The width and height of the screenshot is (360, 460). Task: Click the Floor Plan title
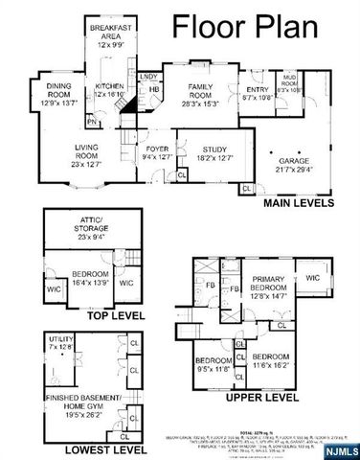259,27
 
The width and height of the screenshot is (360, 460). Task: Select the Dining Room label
59,92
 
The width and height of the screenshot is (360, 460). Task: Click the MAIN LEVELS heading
298,204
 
